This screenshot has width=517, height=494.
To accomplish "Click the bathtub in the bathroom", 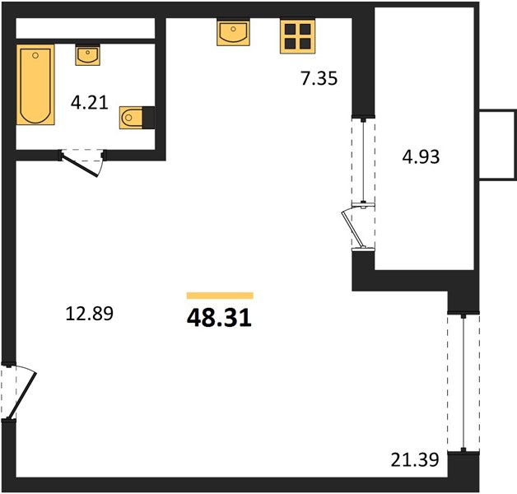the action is point(35,85).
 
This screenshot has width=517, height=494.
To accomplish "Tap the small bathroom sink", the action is point(87,55).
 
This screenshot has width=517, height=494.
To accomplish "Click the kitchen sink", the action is point(233,32).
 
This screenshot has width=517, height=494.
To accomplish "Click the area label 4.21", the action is point(90,103).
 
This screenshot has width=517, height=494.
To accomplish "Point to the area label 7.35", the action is point(319,78).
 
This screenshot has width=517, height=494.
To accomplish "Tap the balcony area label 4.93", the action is point(421,156).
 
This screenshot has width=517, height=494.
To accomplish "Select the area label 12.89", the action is point(90,314).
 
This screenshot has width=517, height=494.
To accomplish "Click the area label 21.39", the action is point(415,459).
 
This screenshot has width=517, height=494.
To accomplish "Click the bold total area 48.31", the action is point(219,319).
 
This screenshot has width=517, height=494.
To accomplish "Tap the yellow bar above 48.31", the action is point(220,296).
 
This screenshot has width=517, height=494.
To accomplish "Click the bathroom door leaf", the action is point(80,165).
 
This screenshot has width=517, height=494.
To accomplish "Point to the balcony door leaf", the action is point(353,228).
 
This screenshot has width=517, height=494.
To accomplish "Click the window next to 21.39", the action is point(463,383).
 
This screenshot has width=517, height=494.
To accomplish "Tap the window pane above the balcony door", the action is point(363,161).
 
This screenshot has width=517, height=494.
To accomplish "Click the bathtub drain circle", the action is point(35,55).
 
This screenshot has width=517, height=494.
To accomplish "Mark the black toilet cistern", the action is point(148,117).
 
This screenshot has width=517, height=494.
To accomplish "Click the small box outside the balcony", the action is point(497,145).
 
